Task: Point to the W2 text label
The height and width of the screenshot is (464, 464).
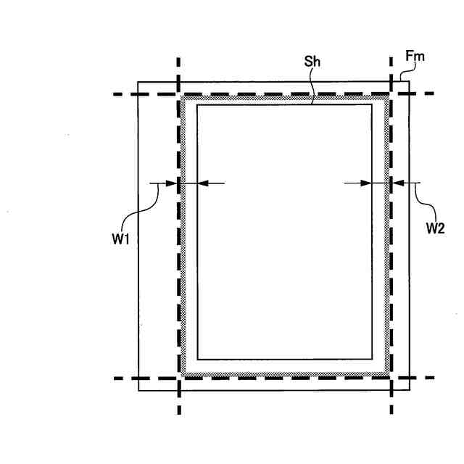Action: pos(435,226)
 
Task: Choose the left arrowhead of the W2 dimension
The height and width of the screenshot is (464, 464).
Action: pos(384,183)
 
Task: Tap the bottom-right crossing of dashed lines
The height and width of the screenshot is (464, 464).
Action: pos(391,378)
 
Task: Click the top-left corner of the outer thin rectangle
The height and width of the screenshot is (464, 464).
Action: pos(138,82)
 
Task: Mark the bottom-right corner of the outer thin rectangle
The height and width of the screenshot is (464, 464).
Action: pos(409,390)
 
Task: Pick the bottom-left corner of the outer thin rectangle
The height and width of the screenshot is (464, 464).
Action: pos(138,390)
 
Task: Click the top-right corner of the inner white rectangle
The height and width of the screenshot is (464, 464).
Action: pos(372,105)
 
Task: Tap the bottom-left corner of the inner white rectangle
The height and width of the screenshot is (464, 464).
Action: pos(196,358)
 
